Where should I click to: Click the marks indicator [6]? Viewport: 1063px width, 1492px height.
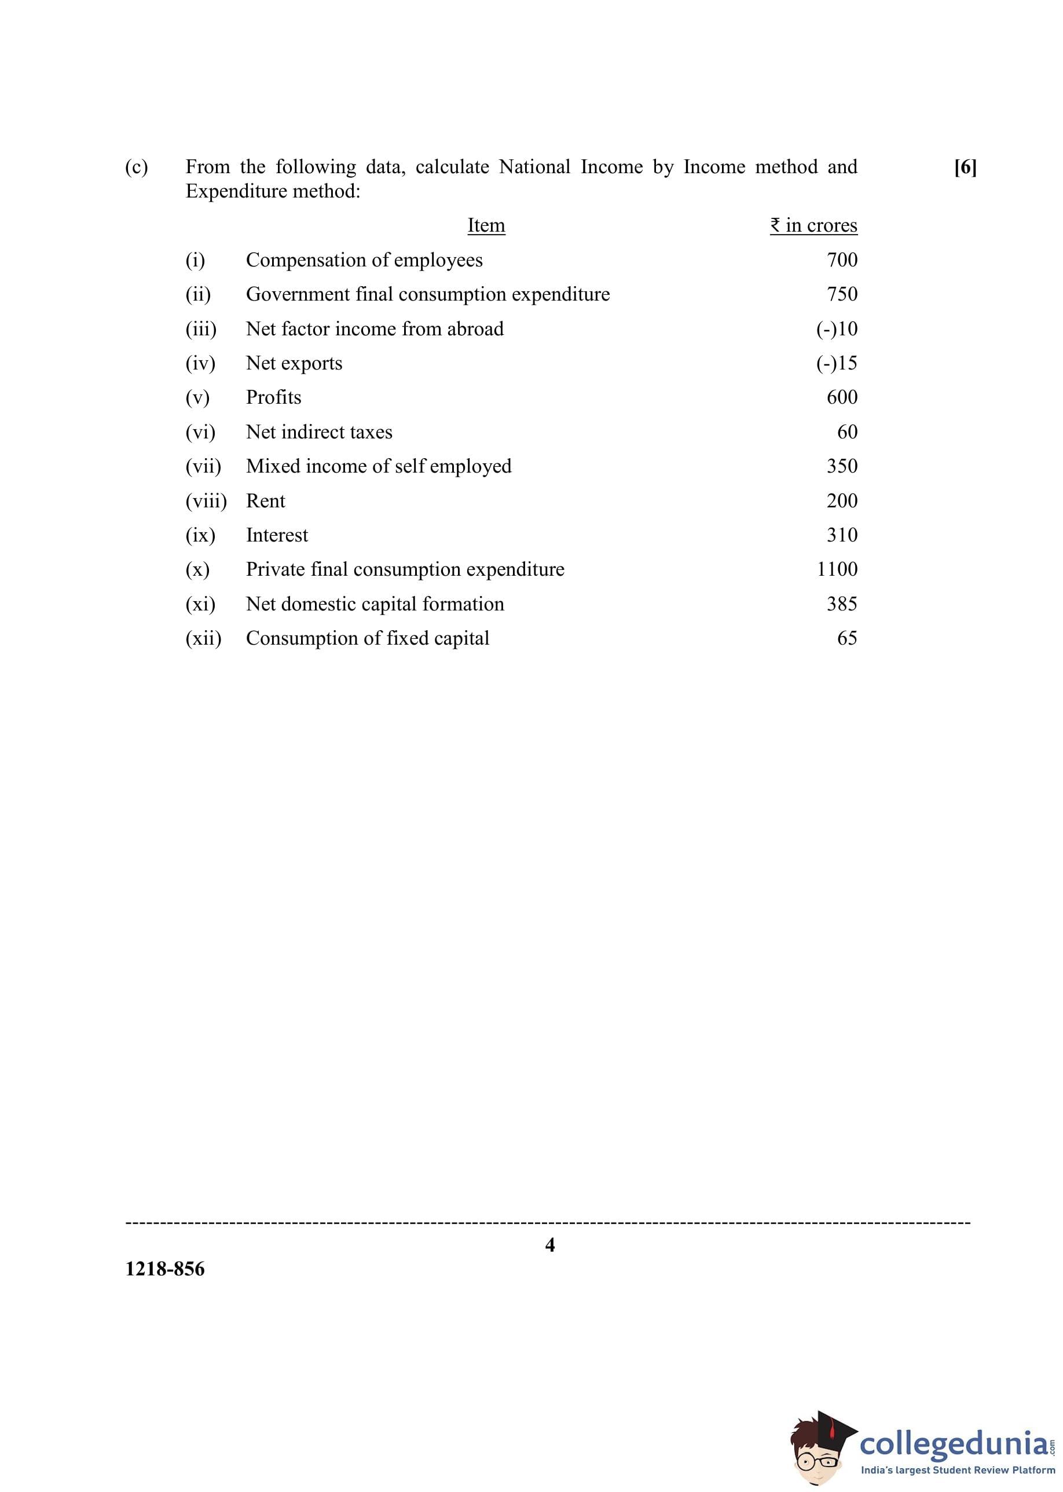point(965,167)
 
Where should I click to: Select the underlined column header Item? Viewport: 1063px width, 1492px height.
point(486,225)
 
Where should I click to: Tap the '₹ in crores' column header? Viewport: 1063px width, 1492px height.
point(813,225)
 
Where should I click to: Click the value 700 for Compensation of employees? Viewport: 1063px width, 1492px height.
point(842,260)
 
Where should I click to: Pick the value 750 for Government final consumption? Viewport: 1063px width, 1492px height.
point(842,294)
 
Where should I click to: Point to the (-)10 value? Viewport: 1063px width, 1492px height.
point(837,328)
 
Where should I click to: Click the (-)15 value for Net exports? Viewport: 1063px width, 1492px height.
point(837,363)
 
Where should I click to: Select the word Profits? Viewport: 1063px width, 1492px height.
point(274,397)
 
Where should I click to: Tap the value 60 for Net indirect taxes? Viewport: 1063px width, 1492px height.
point(847,431)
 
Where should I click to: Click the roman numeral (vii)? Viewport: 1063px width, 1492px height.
point(203,466)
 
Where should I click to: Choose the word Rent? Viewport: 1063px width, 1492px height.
point(265,501)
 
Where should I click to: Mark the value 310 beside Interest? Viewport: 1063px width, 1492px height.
point(842,535)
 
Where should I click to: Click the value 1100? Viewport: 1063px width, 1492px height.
point(837,569)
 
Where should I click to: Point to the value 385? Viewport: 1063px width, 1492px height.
point(842,604)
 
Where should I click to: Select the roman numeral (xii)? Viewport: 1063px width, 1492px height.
point(203,638)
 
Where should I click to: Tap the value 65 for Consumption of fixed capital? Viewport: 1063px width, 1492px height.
point(847,638)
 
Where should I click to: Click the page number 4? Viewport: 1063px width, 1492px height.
point(550,1245)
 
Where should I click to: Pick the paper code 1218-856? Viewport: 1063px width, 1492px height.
point(165,1269)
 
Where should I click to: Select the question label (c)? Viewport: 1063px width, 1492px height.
point(136,167)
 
